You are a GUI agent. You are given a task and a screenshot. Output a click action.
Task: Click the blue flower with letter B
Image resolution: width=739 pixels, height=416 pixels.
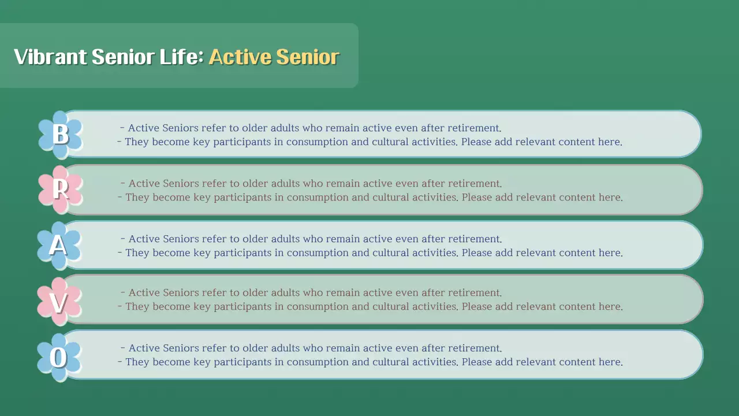[x=60, y=134]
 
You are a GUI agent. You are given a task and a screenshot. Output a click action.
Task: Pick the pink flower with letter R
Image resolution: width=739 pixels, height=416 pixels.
[x=60, y=190]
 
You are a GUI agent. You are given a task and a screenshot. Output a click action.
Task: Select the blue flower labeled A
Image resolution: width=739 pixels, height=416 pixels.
[x=59, y=245]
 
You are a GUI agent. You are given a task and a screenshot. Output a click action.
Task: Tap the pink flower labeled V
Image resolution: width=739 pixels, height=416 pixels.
[x=59, y=300]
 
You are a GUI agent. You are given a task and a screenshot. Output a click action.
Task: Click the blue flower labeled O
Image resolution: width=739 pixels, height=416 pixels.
[x=59, y=357]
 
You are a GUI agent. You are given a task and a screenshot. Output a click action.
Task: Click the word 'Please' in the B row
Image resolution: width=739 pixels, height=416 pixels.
[x=476, y=142]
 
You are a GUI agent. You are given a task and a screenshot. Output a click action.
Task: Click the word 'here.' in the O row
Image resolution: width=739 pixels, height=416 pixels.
[x=610, y=362]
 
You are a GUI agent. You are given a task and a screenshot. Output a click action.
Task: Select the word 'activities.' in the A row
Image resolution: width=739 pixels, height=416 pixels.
[x=436, y=253]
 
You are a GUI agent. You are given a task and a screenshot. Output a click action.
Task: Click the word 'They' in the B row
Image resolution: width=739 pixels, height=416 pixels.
[x=137, y=142]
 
